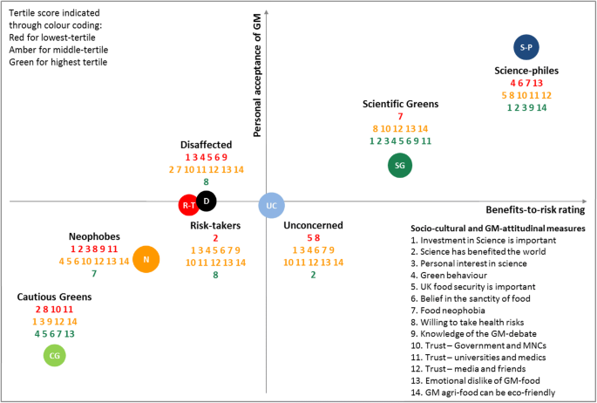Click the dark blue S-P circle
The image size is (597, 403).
coord(525,46)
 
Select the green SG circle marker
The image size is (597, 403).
coord(400,164)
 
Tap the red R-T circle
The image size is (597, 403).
coord(188,205)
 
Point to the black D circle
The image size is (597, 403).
coord(207,201)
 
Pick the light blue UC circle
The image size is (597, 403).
coord(272,205)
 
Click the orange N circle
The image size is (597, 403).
coord(146,259)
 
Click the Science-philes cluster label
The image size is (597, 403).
coord(526,70)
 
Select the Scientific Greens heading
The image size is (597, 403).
coord(400,104)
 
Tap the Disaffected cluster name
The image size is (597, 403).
coord(206,144)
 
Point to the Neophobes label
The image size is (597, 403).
coord(94,236)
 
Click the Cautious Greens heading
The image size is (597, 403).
coord(54,297)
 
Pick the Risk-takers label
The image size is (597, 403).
coord(214,225)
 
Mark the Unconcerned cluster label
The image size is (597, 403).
coord(313,225)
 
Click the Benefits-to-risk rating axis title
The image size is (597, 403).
coord(534,209)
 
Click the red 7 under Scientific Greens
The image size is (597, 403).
coord(400,117)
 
